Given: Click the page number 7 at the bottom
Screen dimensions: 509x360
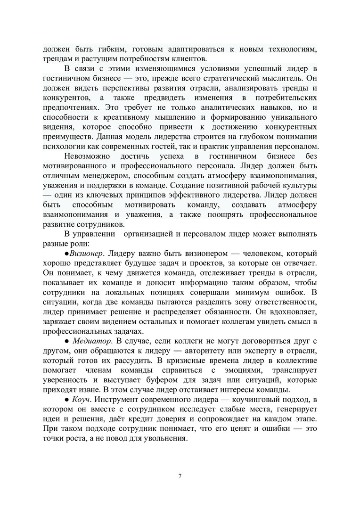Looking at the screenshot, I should (x=180, y=475).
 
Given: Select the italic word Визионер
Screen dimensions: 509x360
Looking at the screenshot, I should (x=86, y=253).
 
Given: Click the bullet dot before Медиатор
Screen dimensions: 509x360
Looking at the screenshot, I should (x=66, y=340).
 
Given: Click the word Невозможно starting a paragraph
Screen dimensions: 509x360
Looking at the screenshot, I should (x=88, y=156).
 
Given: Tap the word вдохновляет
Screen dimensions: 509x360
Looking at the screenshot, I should (x=290, y=312).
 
